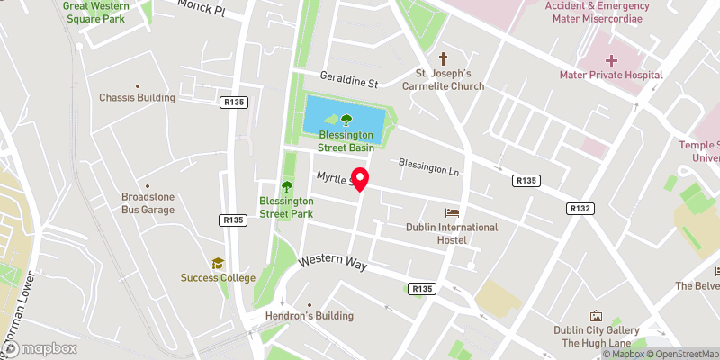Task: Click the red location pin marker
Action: click(360, 178)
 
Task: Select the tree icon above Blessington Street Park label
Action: click(286, 186)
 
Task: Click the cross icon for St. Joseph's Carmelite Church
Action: click(443, 58)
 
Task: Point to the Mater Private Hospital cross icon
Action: click(610, 59)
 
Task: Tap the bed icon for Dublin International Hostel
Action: click(452, 212)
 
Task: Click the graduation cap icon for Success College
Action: click(217, 263)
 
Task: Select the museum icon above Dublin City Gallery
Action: click(595, 316)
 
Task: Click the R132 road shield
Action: click(580, 208)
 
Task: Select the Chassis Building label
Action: click(137, 97)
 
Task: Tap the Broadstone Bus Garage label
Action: click(148, 203)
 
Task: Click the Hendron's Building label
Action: click(309, 316)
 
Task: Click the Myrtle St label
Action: click(333, 178)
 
